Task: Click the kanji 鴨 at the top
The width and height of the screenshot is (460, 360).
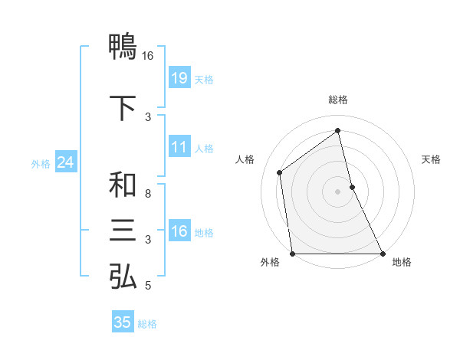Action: pyautogui.click(x=123, y=47)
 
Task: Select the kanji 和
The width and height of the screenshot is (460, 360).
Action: pyautogui.click(x=123, y=185)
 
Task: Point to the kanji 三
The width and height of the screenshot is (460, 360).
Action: pyautogui.click(x=123, y=231)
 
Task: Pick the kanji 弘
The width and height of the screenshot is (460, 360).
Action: pyautogui.click(x=123, y=277)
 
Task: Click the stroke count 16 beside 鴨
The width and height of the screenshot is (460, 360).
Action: pyautogui.click(x=147, y=56)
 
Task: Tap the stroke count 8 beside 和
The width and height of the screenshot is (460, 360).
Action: pyautogui.click(x=148, y=194)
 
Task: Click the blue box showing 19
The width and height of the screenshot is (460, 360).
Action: pyautogui.click(x=179, y=78)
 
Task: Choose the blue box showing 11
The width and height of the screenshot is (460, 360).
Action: pyautogui.click(x=179, y=147)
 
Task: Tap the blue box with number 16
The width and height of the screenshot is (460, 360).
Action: pyautogui.click(x=179, y=231)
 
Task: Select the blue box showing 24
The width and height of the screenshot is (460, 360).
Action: pyautogui.click(x=65, y=162)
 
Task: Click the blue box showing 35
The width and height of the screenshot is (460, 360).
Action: pyautogui.click(x=123, y=322)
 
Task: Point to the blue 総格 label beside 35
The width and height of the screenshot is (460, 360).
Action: pyautogui.click(x=147, y=324)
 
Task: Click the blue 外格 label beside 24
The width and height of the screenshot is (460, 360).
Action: pyautogui.click(x=41, y=163)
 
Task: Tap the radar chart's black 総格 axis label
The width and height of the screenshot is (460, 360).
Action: pyautogui.click(x=337, y=100)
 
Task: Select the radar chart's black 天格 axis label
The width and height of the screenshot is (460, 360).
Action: pyautogui.click(x=432, y=159)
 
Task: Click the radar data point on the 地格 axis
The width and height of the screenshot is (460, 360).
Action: pyautogui.click(x=382, y=253)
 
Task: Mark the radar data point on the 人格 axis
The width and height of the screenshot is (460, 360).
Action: pyautogui.click(x=280, y=172)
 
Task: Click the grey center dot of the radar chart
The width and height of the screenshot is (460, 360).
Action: pyautogui.click(x=337, y=191)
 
